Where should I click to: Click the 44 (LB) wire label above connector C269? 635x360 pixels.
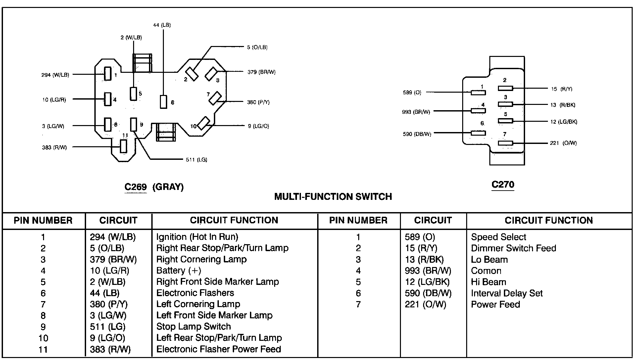pos(162,25)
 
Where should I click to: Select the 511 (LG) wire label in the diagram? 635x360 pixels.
pos(197,160)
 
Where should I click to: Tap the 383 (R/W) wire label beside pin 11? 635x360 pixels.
pos(54,148)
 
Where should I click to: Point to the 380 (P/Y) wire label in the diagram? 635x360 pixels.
pos(258,103)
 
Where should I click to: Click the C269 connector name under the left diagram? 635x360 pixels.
pos(135,187)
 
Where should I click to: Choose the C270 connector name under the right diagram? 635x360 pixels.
pos(503,185)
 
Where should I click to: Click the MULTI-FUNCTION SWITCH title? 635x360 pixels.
pos(333,197)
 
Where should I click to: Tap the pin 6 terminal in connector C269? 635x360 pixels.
pos(164,102)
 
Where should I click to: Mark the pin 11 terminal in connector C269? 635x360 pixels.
pos(123,146)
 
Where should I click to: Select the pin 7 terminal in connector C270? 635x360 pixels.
pos(505,143)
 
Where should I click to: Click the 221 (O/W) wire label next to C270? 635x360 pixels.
pos(563,143)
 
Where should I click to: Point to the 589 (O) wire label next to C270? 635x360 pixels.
pos(412,93)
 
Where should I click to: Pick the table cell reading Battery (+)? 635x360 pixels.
pos(179,271)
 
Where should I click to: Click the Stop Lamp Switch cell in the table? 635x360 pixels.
pos(193,327)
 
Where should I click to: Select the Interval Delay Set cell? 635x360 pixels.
pos(507,293)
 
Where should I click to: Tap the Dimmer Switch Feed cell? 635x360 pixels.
pos(513,248)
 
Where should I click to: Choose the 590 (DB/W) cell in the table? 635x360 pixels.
pos(428,293)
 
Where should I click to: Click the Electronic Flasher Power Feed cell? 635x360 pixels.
pos(219,349)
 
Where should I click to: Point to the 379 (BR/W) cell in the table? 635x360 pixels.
pos(113,259)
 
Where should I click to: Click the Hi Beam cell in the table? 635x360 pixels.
pos(489,282)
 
